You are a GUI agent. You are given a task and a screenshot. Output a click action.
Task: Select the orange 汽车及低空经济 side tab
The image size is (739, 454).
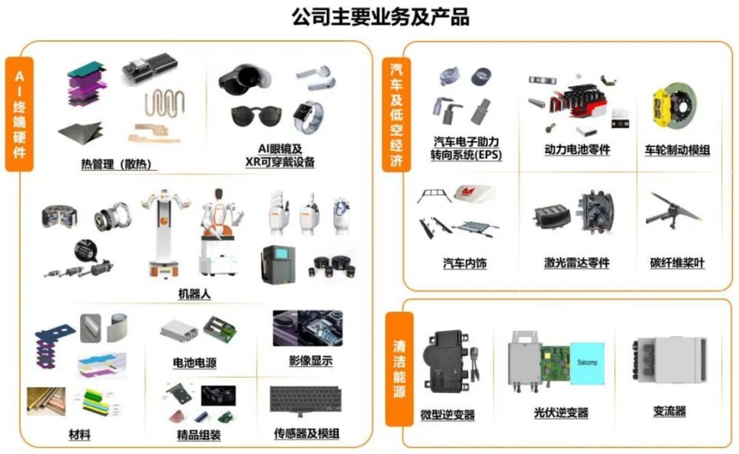[x=396, y=115]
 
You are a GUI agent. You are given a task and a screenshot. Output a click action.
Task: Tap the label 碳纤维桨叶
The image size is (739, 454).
[x=677, y=263]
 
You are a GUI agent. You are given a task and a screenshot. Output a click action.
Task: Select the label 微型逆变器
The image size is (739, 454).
[x=448, y=415]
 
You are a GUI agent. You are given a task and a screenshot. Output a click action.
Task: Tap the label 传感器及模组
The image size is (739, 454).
[x=306, y=434]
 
